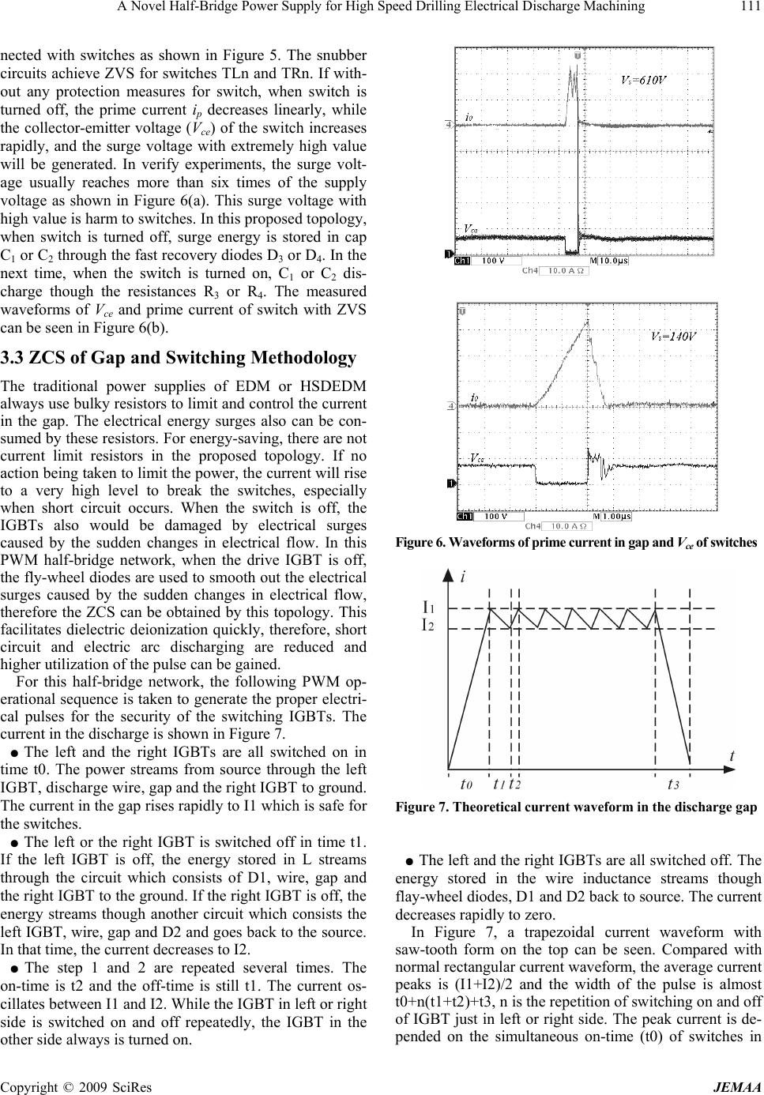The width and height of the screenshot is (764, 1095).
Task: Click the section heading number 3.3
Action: (14, 358)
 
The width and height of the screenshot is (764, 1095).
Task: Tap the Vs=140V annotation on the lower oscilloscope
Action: (674, 336)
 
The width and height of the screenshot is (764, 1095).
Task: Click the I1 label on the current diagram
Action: (431, 607)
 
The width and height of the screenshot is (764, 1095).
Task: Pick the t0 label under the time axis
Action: (467, 784)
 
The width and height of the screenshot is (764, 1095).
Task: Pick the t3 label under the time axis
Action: (673, 784)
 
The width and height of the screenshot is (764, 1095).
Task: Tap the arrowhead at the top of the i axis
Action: (449, 573)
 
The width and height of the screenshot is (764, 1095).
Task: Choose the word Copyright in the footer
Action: (28, 1086)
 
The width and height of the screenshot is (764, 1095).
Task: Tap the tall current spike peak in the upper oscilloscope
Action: (570, 70)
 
